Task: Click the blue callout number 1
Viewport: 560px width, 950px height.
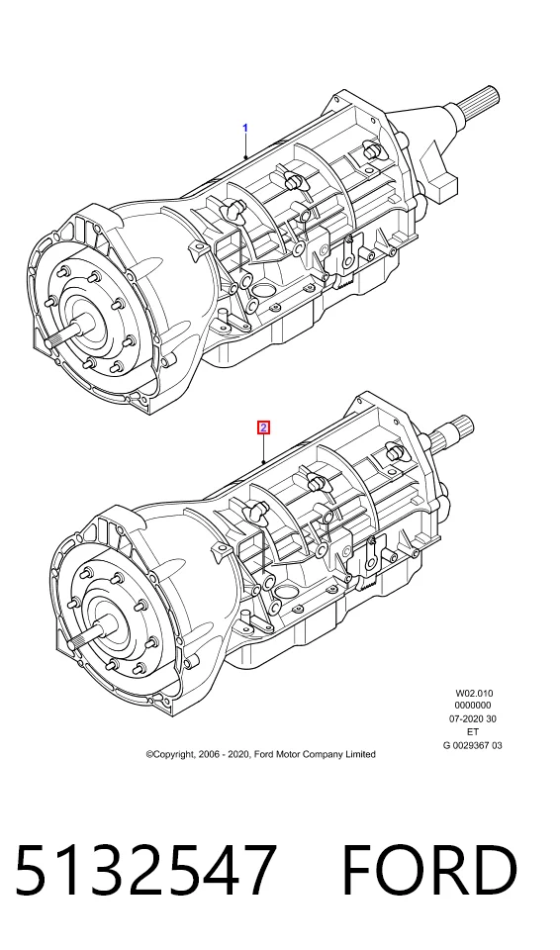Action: pyautogui.click(x=245, y=128)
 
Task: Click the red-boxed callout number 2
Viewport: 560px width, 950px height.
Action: pyautogui.click(x=263, y=427)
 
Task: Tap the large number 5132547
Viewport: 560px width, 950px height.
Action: pyautogui.click(x=145, y=869)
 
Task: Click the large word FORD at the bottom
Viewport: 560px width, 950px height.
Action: pyautogui.click(x=430, y=869)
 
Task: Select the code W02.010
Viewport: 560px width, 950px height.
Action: pyautogui.click(x=474, y=693)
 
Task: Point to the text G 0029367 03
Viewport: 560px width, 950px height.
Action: pyautogui.click(x=473, y=745)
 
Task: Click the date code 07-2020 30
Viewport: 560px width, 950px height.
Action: pyautogui.click(x=473, y=719)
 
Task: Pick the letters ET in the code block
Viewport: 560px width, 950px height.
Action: pyautogui.click(x=473, y=732)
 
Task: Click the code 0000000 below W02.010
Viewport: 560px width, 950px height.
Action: pyautogui.click(x=473, y=706)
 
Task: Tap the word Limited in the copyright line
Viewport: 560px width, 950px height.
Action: pyautogui.click(x=360, y=754)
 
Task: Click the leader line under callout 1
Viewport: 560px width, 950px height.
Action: pyautogui.click(x=245, y=146)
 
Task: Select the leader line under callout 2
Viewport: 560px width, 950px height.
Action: pyautogui.click(x=263, y=449)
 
